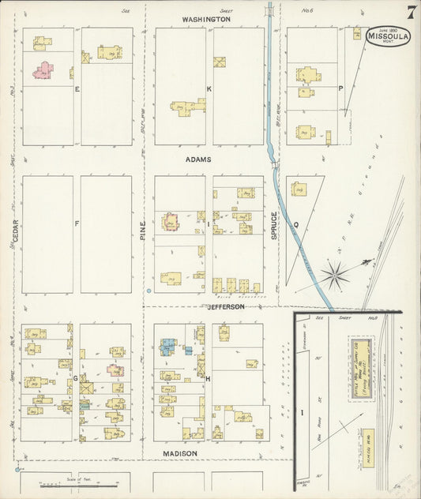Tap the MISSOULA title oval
[387, 36]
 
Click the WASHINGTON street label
[205, 18]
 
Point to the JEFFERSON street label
[226, 306]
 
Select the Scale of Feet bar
[63, 484]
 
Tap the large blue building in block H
[168, 346]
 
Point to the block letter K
[209, 88]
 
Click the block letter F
[77, 223]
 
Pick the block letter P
[340, 88]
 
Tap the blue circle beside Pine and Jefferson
[149, 292]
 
